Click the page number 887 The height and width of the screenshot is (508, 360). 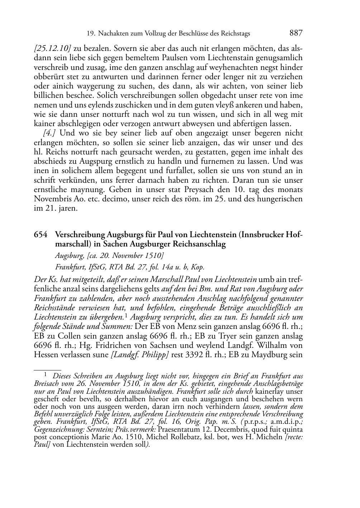(296, 33)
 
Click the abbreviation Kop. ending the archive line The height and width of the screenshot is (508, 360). (197, 267)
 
